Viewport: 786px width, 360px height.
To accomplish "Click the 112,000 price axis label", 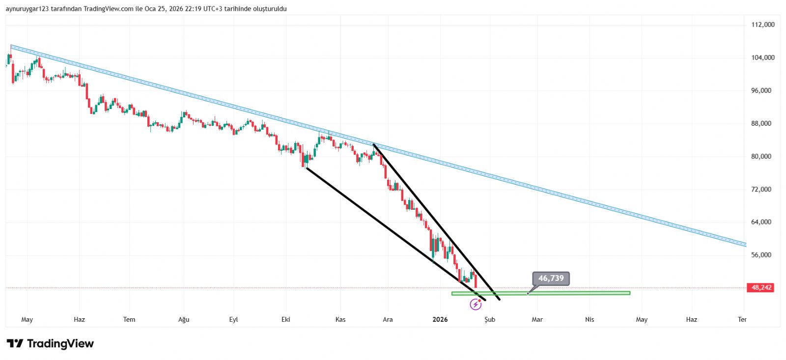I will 762,25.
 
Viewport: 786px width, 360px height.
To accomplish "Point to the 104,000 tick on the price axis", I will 762,57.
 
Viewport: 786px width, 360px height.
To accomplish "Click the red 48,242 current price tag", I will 760,287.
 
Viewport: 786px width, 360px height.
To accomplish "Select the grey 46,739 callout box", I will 551,278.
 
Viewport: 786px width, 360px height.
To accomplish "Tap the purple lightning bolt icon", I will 476,305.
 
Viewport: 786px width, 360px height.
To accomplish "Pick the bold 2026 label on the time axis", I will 440,320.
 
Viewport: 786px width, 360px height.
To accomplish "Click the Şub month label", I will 490,320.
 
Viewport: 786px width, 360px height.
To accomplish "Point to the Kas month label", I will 340,320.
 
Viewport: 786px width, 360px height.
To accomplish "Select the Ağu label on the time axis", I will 184,320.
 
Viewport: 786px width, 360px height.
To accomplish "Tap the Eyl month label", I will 233,320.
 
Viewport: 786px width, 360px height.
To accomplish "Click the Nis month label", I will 589,320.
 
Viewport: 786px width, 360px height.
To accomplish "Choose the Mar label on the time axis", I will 537,320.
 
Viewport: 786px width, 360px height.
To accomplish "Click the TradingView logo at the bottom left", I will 50,343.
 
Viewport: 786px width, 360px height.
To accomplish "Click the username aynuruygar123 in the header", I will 27,9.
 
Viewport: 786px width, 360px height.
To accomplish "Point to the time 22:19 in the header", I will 193,9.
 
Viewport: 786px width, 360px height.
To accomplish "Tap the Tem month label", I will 129,320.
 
